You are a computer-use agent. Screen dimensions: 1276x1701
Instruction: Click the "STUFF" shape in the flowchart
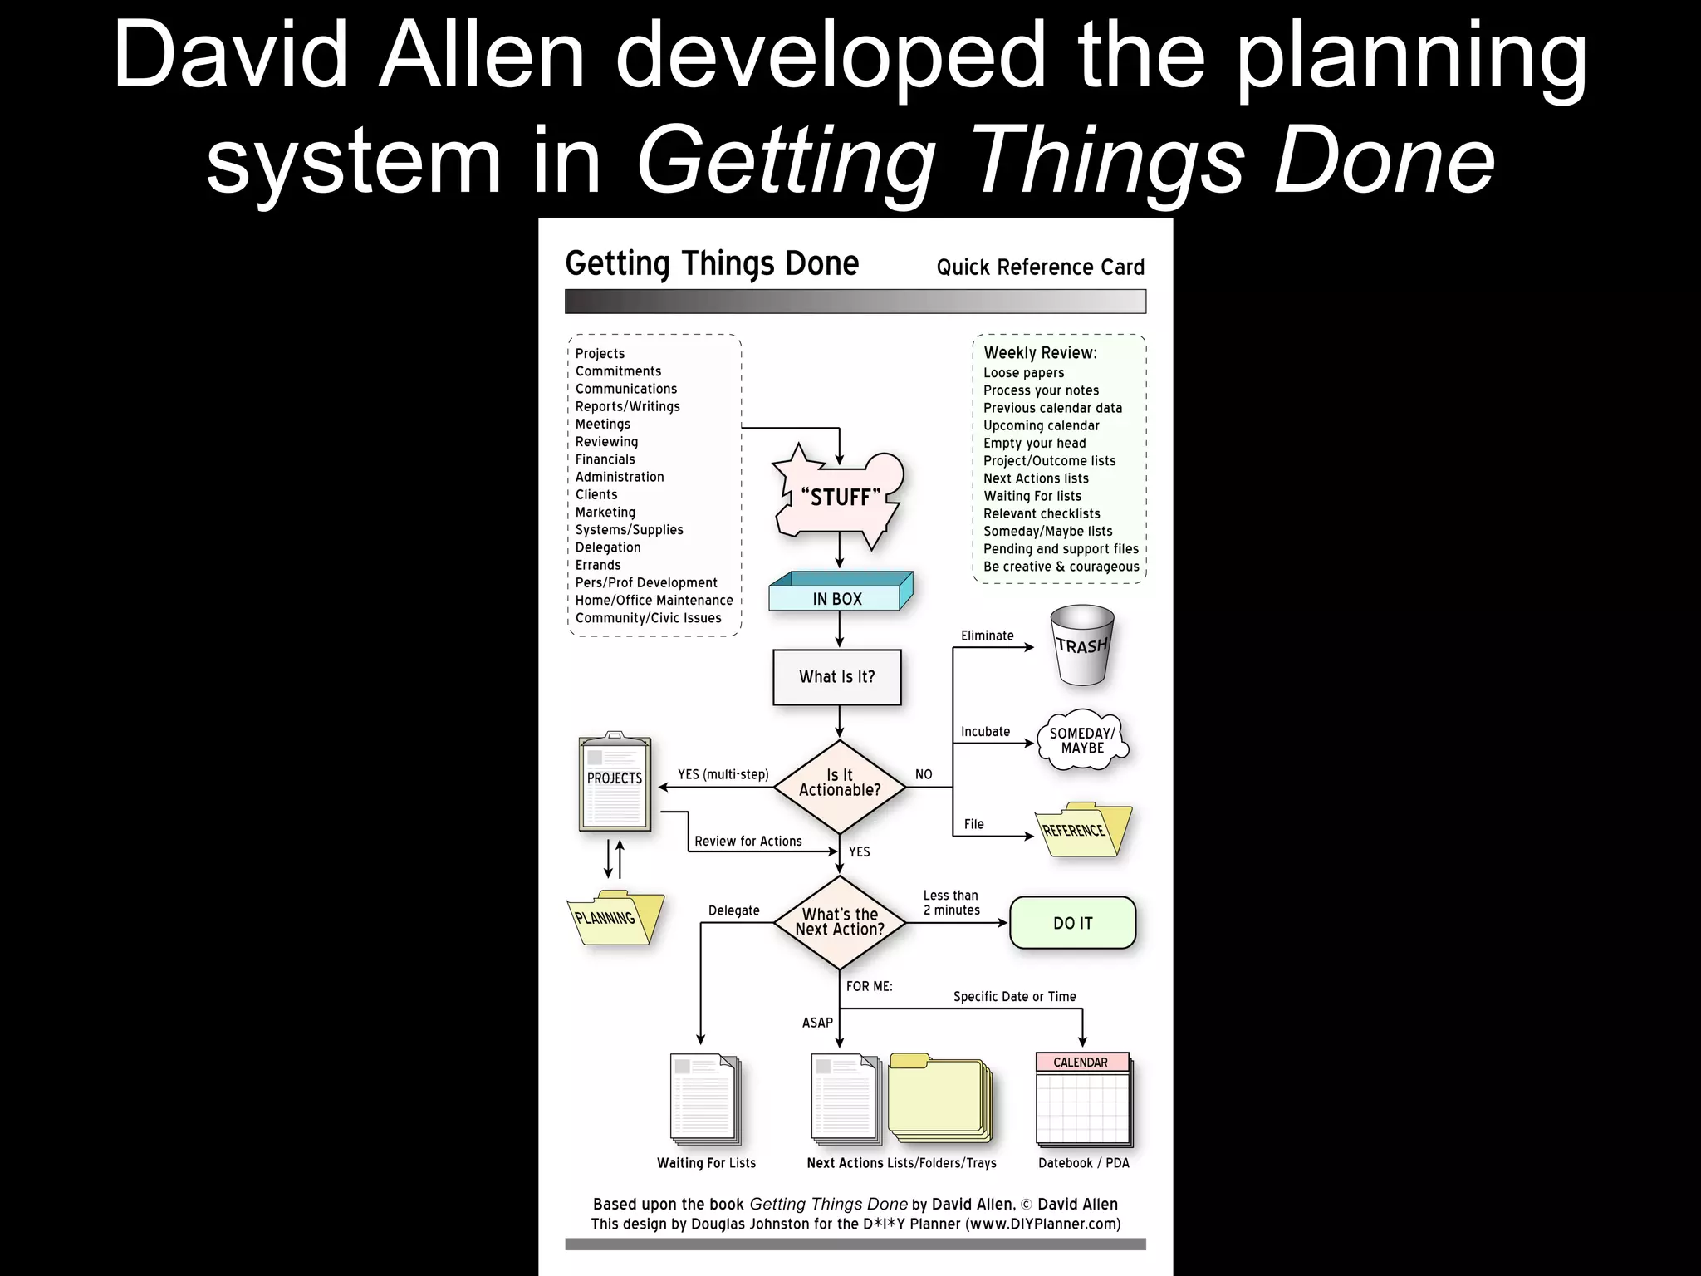[x=839, y=498]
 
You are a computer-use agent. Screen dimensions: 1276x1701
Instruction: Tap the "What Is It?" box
[x=837, y=677]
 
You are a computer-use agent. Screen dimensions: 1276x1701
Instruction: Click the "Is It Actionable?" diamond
[x=839, y=785]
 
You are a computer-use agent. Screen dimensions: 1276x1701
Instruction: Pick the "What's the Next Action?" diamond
[x=839, y=922]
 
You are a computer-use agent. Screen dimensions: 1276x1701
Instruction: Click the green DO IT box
[x=1072, y=923]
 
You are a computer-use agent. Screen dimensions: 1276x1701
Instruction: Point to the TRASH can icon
[x=1081, y=646]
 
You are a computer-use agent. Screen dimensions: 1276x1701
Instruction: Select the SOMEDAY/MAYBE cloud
[x=1082, y=740]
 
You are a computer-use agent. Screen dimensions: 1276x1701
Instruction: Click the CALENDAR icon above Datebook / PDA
[x=1082, y=1099]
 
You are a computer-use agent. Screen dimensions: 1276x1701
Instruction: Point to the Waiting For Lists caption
[x=707, y=1163]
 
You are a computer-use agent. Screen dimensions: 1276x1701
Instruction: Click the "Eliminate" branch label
[x=988, y=636]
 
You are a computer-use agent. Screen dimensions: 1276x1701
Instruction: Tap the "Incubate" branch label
[x=986, y=732]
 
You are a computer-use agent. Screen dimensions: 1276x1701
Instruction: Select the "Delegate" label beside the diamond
[x=734, y=910]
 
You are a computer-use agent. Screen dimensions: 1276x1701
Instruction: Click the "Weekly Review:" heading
[x=1041, y=353]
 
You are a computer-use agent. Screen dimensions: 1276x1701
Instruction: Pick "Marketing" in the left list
[x=605, y=513]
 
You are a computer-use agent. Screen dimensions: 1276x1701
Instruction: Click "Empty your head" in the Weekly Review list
[x=1035, y=444]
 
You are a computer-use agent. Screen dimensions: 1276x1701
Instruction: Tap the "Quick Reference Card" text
[x=1041, y=267]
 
